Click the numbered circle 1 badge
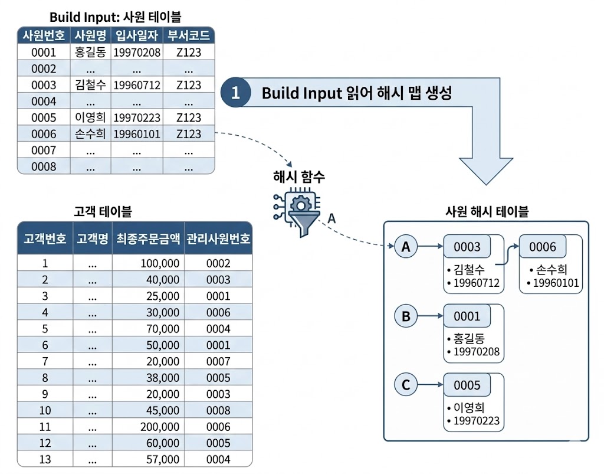[x=235, y=93]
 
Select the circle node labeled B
[x=406, y=316]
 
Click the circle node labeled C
[x=406, y=385]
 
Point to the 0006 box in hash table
[x=543, y=247]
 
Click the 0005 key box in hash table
[x=467, y=385]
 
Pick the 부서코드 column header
[x=189, y=35]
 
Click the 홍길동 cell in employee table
[x=90, y=52]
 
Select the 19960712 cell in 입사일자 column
[x=137, y=85]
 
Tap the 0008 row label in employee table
[x=44, y=166]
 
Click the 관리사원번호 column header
[x=218, y=238]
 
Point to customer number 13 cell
[x=45, y=459]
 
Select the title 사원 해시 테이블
[x=487, y=211]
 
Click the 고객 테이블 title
[x=103, y=211]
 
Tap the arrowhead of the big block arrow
[x=486, y=185]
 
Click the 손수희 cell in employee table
[x=90, y=134]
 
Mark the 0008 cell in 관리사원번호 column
[x=218, y=410]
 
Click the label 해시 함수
[x=299, y=176]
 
